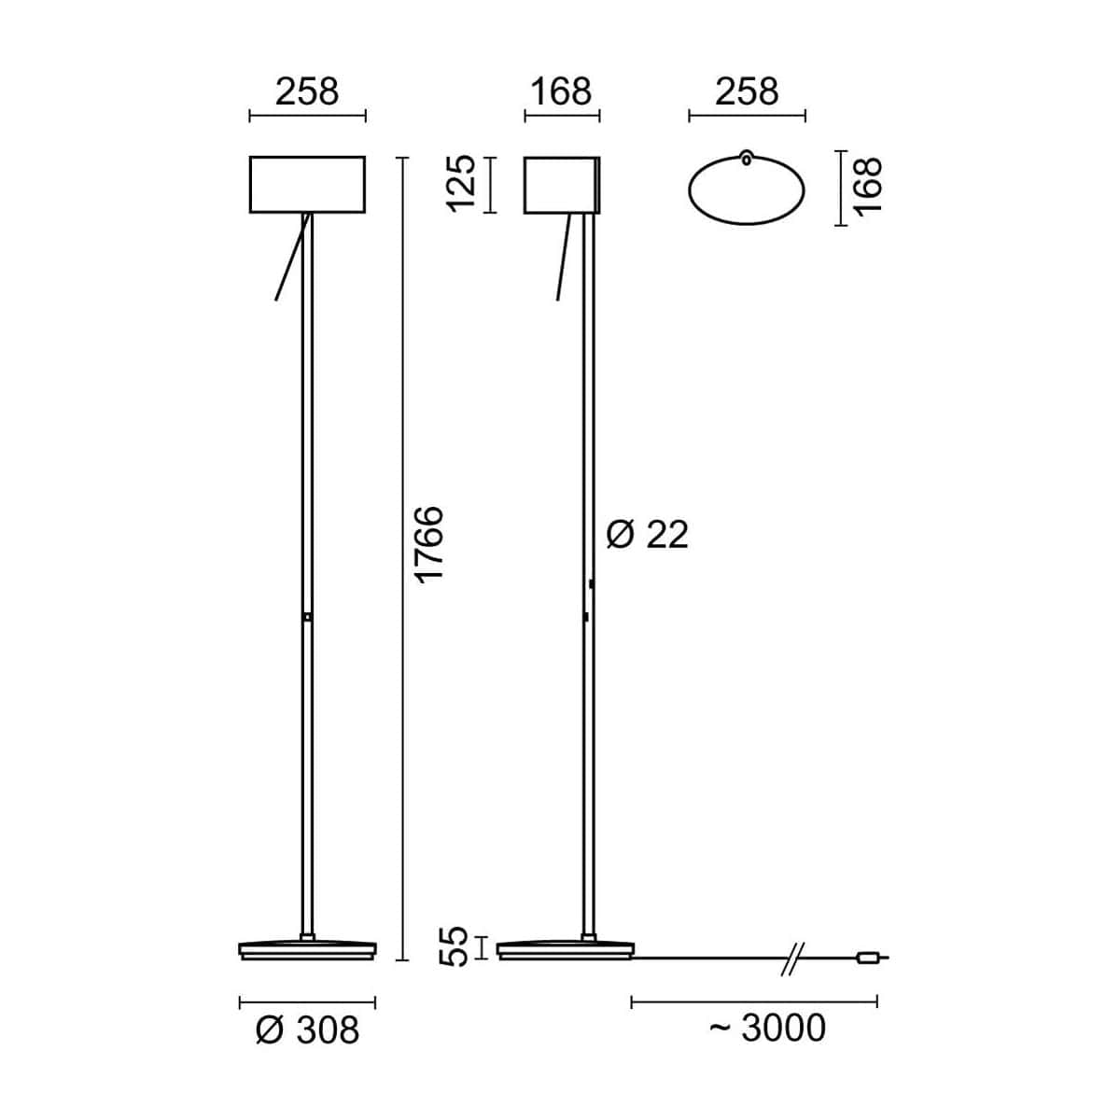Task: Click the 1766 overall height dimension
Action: (429, 545)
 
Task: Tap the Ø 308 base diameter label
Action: (307, 1030)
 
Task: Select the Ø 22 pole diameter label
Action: (647, 535)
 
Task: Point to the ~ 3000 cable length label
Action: (767, 1028)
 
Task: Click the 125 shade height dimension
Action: (462, 184)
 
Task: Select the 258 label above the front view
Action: (307, 91)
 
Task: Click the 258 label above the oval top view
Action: (747, 91)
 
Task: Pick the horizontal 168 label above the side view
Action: (561, 91)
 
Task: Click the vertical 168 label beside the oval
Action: (867, 187)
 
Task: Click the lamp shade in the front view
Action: (307, 184)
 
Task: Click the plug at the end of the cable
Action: (867, 957)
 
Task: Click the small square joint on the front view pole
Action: (307, 616)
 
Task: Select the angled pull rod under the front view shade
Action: (291, 259)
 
